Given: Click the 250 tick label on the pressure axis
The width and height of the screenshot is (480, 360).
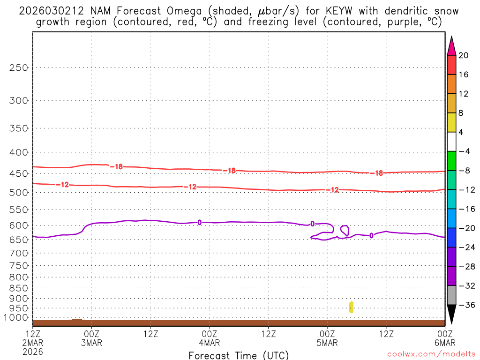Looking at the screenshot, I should pos(19,67).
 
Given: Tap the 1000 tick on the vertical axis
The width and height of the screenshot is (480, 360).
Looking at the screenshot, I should pos(16,318).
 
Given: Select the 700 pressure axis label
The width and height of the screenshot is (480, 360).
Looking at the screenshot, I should pos(19,253).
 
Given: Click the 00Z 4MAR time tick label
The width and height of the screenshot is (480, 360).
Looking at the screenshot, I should pos(209,337).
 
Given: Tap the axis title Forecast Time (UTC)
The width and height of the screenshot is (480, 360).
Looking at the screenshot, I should pos(239,355).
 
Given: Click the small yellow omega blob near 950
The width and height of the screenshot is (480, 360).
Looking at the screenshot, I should pos(351,307).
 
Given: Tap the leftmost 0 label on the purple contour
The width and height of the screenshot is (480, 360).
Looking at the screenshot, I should pos(200,222).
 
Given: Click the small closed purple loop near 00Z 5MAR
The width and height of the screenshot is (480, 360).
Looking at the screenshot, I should pos(345,230).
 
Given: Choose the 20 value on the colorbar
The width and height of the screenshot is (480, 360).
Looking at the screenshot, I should pos(464,55).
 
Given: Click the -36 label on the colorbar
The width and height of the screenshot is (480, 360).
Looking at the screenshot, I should pos(465,305).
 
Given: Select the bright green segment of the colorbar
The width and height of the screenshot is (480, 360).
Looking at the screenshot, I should pos(452,161).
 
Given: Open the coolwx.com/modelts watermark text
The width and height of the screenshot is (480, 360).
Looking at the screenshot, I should pos(432,355).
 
